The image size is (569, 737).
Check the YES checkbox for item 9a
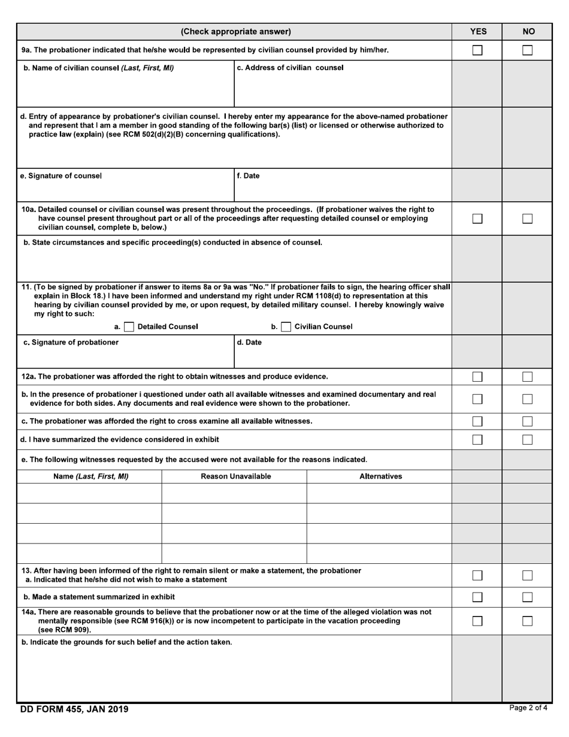pyautogui.click(x=477, y=50)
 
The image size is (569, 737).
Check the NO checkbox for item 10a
pyautogui.click(x=527, y=219)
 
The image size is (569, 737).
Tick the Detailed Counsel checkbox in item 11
pyautogui.click(x=129, y=327)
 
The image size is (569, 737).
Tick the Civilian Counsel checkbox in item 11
pyautogui.click(x=286, y=327)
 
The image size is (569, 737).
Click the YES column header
pyautogui.click(x=477, y=32)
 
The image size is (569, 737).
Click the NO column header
pyautogui.click(x=528, y=32)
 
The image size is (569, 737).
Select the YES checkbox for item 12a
pyautogui.click(x=477, y=377)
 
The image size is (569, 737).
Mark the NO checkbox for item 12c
pyautogui.click(x=527, y=421)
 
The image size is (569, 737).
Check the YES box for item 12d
pyautogui.click(x=477, y=440)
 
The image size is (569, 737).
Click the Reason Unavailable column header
pyautogui.click(x=235, y=476)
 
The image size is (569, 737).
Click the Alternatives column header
pyautogui.click(x=380, y=476)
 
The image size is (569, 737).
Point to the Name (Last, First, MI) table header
pyautogui.click(x=90, y=476)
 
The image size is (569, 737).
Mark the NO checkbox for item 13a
pyautogui.click(x=527, y=575)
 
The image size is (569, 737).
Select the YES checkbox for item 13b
pyautogui.click(x=477, y=597)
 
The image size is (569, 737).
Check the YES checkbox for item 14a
pyautogui.click(x=477, y=621)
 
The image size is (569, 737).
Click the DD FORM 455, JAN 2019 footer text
pyautogui.click(x=74, y=709)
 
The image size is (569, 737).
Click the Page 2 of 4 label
pyautogui.click(x=528, y=708)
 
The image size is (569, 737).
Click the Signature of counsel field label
pyautogui.click(x=62, y=176)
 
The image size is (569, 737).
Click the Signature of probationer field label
pyautogui.click(x=71, y=343)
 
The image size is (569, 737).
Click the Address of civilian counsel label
pyautogui.click(x=290, y=68)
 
